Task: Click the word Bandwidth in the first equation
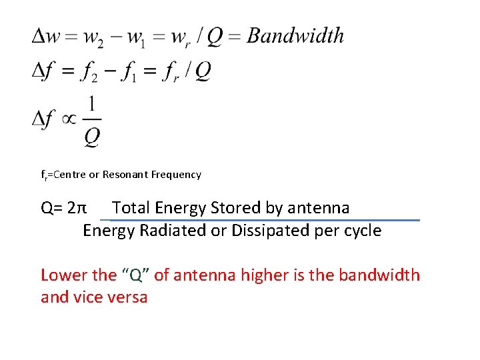tap(295, 36)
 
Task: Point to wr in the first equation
tap(181, 37)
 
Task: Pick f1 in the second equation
tap(129, 71)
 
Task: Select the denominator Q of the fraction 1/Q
tap(92, 136)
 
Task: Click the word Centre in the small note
tap(69, 175)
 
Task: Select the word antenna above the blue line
tap(318, 208)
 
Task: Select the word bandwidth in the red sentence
tap(380, 275)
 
